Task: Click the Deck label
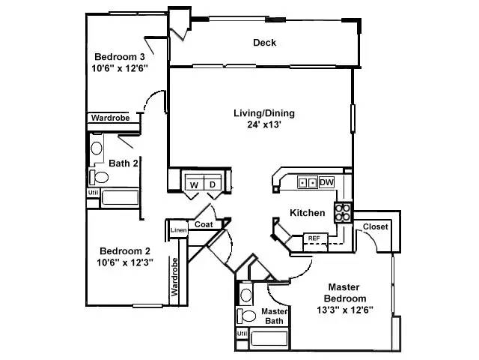pyautogui.click(x=264, y=43)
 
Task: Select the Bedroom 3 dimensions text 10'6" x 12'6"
pyautogui.click(x=120, y=68)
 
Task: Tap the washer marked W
pyautogui.click(x=193, y=184)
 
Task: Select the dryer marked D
pyautogui.click(x=212, y=184)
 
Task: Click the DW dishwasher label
pyautogui.click(x=326, y=182)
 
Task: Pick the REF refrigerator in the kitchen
pyautogui.click(x=314, y=238)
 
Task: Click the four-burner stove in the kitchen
pyautogui.click(x=343, y=213)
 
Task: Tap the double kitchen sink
pyautogui.click(x=307, y=182)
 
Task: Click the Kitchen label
pyautogui.click(x=308, y=213)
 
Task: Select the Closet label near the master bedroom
pyautogui.click(x=375, y=227)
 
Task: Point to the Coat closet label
pyautogui.click(x=204, y=224)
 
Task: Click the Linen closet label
pyautogui.click(x=178, y=230)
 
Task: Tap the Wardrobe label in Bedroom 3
pyautogui.click(x=110, y=118)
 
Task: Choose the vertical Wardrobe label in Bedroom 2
pyautogui.click(x=174, y=278)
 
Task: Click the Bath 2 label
pyautogui.click(x=122, y=163)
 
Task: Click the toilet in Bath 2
pyautogui.click(x=100, y=177)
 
